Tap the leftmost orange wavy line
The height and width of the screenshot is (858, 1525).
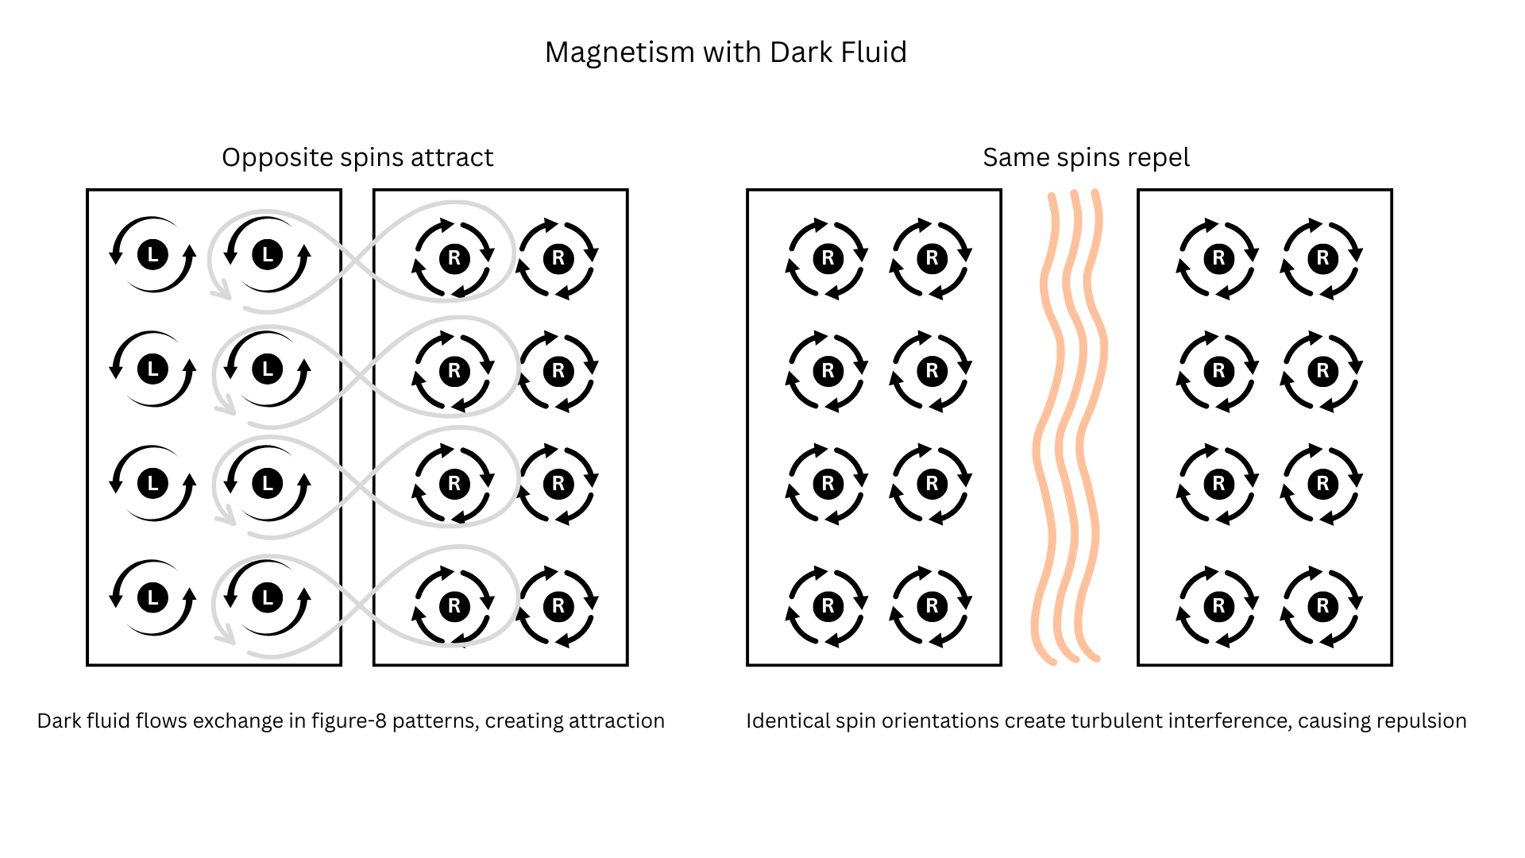click(1048, 429)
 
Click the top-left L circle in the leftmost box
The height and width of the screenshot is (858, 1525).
click(152, 255)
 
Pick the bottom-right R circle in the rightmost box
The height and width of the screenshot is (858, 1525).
click(1322, 606)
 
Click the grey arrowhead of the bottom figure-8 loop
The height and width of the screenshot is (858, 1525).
click(227, 638)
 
